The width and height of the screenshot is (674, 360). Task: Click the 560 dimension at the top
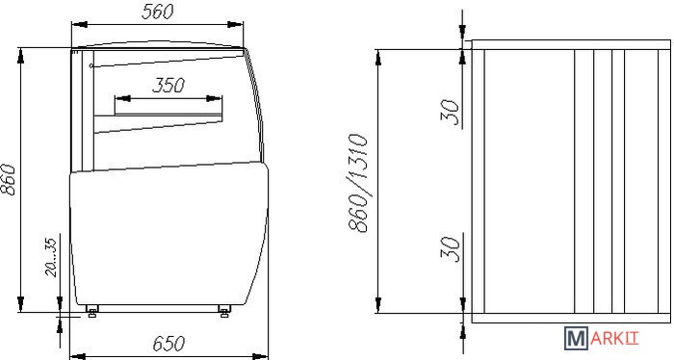[x=157, y=12]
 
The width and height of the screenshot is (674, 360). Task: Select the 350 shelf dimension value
[x=168, y=86]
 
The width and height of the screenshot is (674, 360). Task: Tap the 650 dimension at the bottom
[x=168, y=344]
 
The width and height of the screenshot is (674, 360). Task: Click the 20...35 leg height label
[x=51, y=257]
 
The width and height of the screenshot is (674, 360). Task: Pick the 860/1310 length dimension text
[x=358, y=184]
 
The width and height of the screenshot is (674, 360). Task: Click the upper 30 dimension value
[x=450, y=112]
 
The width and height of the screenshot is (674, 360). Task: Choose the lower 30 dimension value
[x=450, y=248]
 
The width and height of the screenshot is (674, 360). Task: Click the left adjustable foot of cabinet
[x=91, y=311]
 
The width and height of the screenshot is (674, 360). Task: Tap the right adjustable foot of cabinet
[x=224, y=311]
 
